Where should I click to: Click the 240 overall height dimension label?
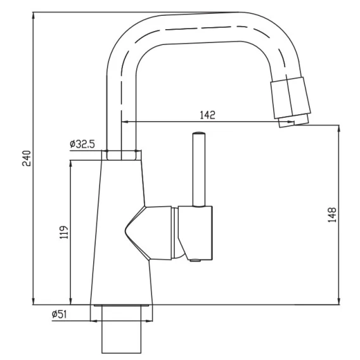coord(27,158)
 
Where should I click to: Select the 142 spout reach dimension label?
coord(208,115)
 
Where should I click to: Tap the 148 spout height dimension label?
coord(332,215)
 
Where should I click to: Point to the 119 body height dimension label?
coord(64,232)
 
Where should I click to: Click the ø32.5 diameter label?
coord(82,144)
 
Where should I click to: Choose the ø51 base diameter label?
coord(60,314)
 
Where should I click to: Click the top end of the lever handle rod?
coord(198,133)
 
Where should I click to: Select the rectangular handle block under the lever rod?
coord(196,233)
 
